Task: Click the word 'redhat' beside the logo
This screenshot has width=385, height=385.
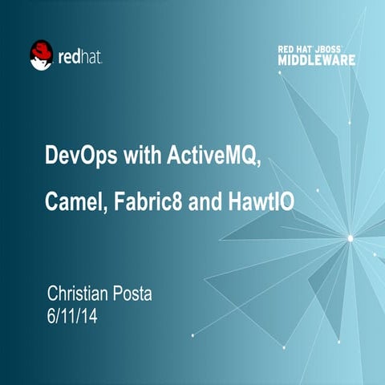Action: point(80,57)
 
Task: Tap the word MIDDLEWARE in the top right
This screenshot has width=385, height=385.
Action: point(317,60)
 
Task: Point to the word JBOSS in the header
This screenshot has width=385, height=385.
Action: point(335,49)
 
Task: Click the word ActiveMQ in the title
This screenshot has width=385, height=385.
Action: point(214,155)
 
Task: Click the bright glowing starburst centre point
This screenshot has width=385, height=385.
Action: point(350,237)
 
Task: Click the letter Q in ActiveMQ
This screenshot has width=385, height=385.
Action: point(253,156)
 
